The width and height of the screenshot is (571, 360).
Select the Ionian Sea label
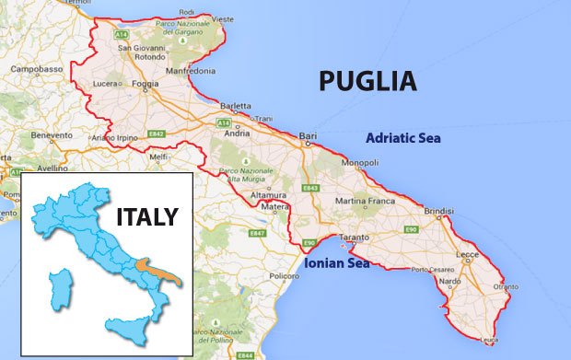click(336, 263)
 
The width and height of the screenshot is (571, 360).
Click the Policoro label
click(285, 275)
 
